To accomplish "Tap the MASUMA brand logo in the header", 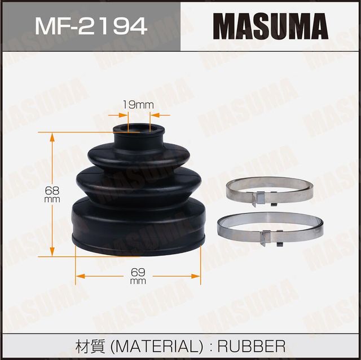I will (270, 26).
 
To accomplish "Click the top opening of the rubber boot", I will (139, 130).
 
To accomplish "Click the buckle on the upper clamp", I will (261, 198).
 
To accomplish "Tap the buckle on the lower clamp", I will (265, 237).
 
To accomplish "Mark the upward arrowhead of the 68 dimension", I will (52, 136).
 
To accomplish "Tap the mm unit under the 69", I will (138, 281).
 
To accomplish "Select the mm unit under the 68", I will (52, 199).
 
